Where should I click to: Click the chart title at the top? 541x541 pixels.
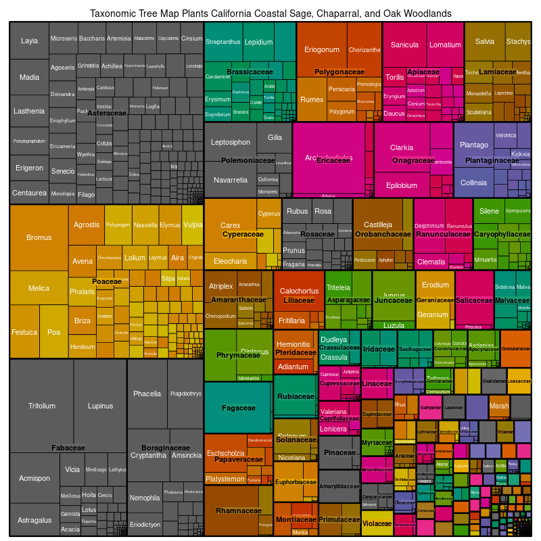pyautogui.click(x=270, y=14)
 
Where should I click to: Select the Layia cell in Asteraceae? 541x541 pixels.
pyautogui.click(x=29, y=41)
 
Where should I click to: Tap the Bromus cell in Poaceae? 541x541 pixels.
pyautogui.click(x=39, y=237)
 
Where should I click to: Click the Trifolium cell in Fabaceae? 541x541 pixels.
pyautogui.click(x=42, y=406)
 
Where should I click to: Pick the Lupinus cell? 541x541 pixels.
pyautogui.click(x=100, y=406)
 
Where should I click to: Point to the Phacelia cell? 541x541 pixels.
pyautogui.click(x=147, y=394)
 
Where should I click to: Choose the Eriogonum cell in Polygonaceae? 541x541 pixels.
pyautogui.click(x=322, y=49)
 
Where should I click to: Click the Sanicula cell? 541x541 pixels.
pyautogui.click(x=404, y=45)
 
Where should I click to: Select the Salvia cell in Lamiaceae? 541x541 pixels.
pyautogui.click(x=485, y=41)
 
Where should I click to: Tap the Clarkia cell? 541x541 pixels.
pyautogui.click(x=402, y=147)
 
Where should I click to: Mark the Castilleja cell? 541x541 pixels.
pyautogui.click(x=378, y=225)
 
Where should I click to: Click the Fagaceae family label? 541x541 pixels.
pyautogui.click(x=238, y=408)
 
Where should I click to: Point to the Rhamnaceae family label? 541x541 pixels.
pyautogui.click(x=238, y=511)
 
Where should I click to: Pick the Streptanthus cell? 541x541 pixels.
pyautogui.click(x=223, y=42)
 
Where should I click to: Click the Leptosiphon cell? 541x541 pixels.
pyautogui.click(x=231, y=142)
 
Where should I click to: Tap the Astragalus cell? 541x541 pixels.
pyautogui.click(x=34, y=520)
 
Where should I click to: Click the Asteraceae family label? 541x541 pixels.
pyautogui.click(x=108, y=114)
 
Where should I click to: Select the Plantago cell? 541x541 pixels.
pyautogui.click(x=473, y=145)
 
